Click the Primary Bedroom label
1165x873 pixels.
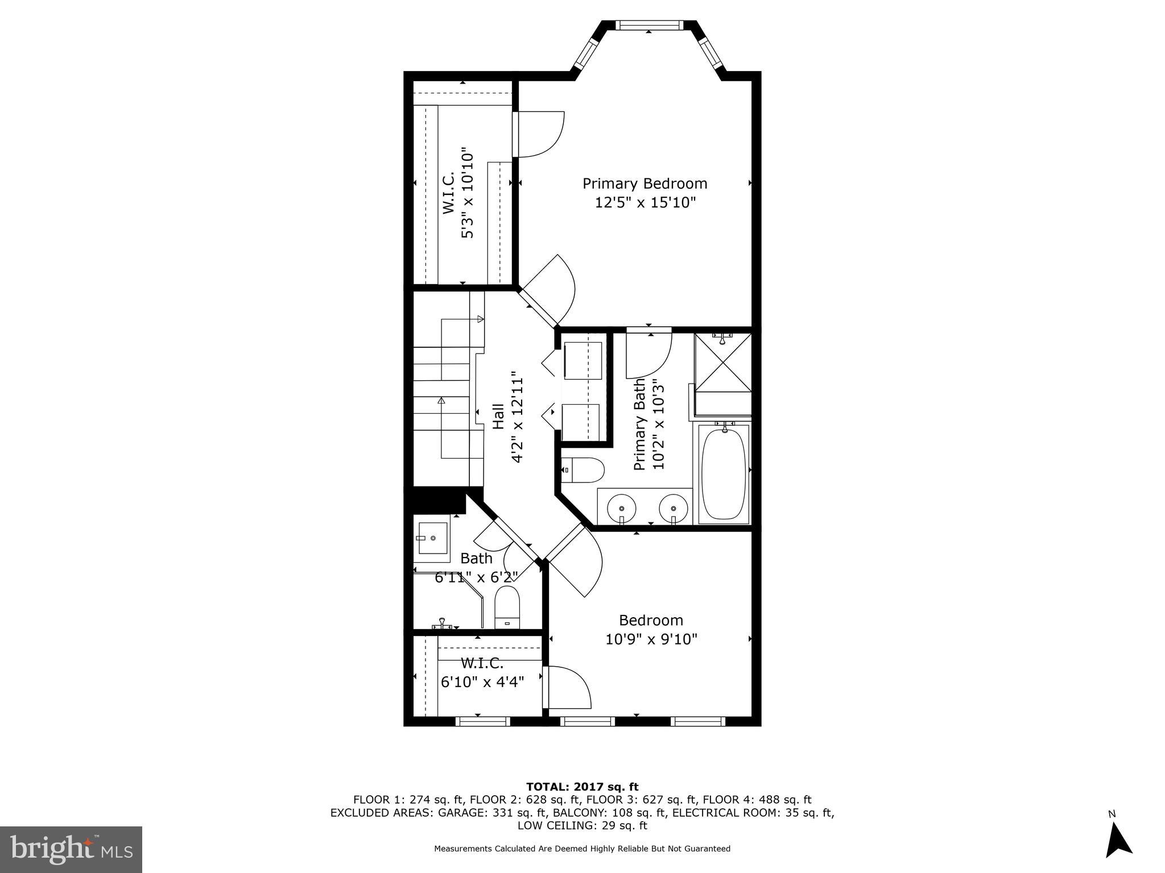tap(645, 184)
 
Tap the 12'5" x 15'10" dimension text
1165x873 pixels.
tap(645, 202)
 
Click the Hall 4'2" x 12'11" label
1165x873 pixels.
tap(507, 417)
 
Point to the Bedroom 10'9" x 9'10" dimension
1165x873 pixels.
tap(651, 639)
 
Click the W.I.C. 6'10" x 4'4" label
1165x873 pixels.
tap(482, 672)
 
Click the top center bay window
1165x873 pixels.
tap(649, 25)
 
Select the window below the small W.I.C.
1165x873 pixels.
tap(482, 722)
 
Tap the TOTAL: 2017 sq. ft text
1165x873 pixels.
tap(582, 787)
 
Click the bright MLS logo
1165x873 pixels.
tap(71, 849)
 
